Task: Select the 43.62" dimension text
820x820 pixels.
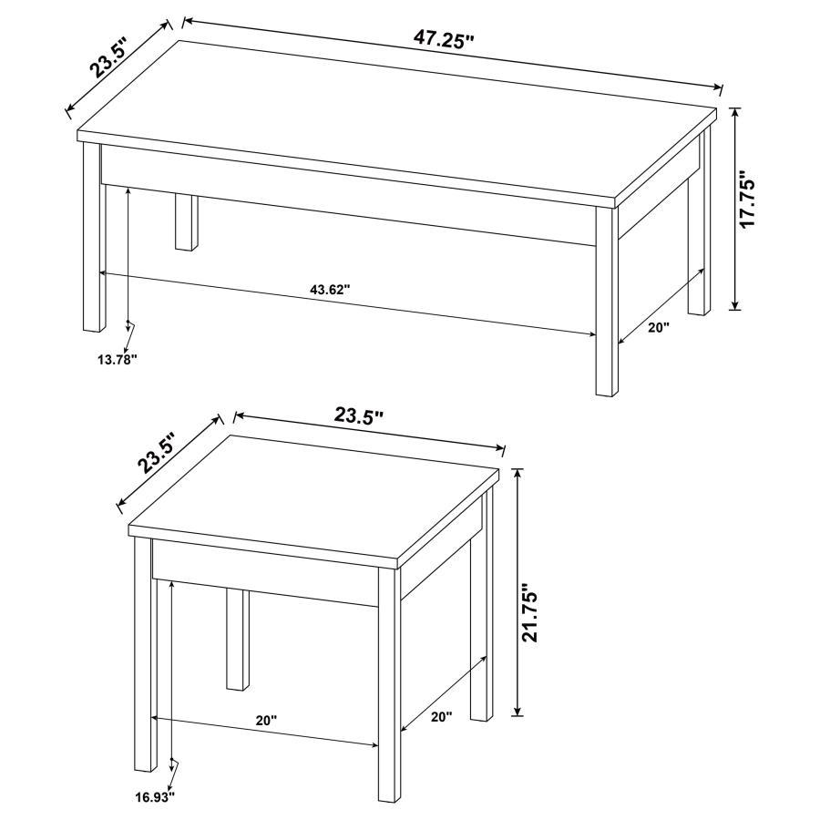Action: pos(330,290)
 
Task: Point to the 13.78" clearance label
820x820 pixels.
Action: pos(117,359)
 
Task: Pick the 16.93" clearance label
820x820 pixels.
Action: pos(155,797)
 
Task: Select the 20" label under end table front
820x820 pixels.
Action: pos(265,720)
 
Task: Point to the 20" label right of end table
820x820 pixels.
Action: pos(441,717)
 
